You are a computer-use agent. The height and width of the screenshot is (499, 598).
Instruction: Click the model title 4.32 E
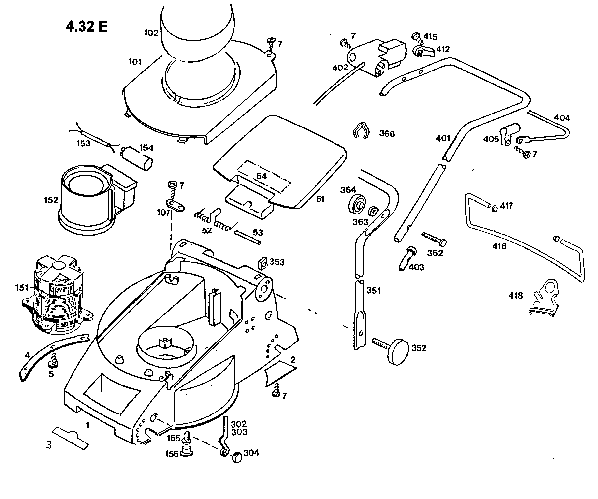87,27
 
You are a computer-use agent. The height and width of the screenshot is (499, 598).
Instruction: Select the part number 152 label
51,200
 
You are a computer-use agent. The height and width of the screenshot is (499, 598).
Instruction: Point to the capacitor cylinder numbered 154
137,158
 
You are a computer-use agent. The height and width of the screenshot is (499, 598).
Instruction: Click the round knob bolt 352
399,352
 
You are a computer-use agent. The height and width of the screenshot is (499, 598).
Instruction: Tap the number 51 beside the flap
320,199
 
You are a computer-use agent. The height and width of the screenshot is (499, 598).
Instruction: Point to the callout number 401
443,138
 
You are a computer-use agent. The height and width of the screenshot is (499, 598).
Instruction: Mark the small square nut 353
263,264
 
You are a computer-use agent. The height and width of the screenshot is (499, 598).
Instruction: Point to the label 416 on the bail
499,246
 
